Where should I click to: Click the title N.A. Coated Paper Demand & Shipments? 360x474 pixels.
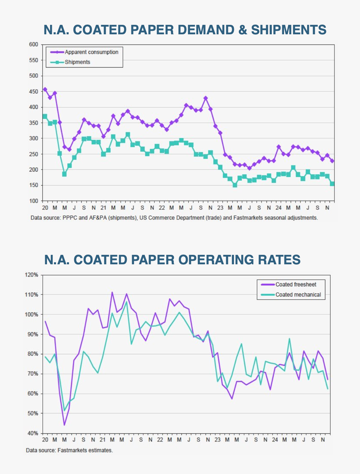pos(185,30)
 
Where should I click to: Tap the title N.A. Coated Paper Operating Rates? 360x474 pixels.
pos(172,260)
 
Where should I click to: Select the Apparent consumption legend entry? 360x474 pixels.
pos(91,52)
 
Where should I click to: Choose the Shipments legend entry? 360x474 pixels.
pos(77,62)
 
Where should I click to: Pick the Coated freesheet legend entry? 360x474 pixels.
pos(296,285)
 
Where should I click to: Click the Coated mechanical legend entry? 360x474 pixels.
pos(298,294)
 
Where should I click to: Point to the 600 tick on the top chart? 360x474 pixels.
pos(33,44)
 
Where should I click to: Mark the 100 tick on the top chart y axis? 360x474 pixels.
pos(33,201)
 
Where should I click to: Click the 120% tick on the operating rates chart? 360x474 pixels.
pos(32,275)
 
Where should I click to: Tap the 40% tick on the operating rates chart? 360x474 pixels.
pos(33,433)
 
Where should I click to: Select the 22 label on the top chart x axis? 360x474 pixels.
pos(161,208)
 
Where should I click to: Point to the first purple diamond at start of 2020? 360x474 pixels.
pos(45,90)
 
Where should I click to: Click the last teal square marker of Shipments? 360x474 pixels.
pos(332,184)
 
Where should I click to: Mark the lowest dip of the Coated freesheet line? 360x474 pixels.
pos(64,425)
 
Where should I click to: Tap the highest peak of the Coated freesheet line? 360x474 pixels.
pos(112,292)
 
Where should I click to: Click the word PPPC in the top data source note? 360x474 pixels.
pos(70,218)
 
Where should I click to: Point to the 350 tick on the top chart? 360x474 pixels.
pos(33,123)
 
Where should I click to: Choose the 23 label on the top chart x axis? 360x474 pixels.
pos(220,208)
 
